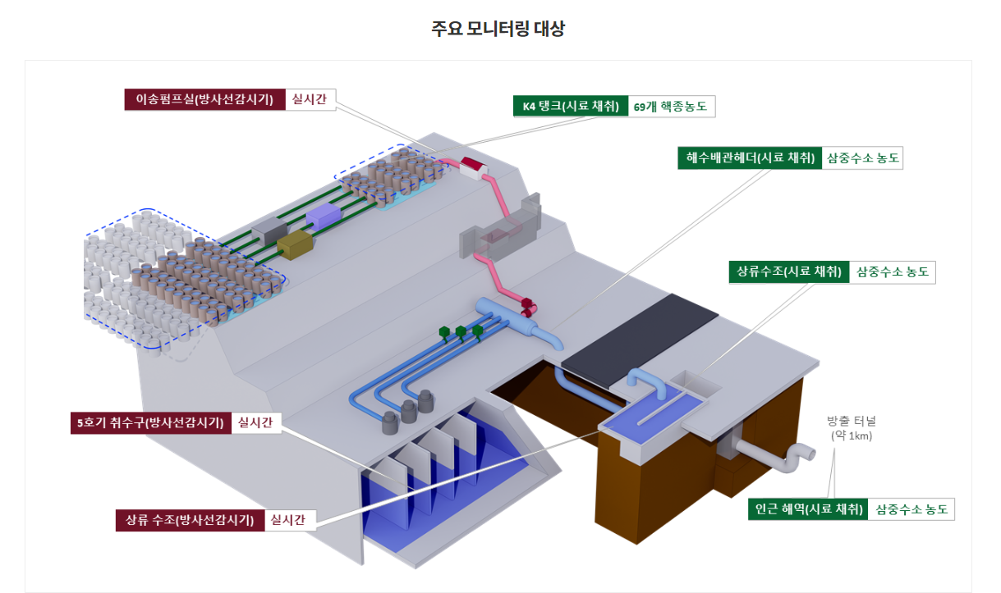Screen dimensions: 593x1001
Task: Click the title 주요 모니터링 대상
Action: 498,30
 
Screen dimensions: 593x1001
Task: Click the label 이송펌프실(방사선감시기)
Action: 204,100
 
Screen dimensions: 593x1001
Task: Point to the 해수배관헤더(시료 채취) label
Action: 750,157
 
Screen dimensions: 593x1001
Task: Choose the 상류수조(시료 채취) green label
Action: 789,271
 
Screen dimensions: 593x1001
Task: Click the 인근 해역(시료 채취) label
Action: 809,509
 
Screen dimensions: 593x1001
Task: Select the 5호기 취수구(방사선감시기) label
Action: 150,423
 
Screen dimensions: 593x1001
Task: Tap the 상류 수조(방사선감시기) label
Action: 191,520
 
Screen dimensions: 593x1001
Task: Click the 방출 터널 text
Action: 852,422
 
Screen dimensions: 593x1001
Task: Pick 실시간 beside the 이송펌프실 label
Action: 310,100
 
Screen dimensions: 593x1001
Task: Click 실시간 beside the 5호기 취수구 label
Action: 255,423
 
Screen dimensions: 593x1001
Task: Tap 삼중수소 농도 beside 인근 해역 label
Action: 911,509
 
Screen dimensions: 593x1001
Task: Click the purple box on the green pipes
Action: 322,216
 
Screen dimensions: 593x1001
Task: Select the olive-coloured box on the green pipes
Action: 296,244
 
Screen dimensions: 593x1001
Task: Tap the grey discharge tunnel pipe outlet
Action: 795,457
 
